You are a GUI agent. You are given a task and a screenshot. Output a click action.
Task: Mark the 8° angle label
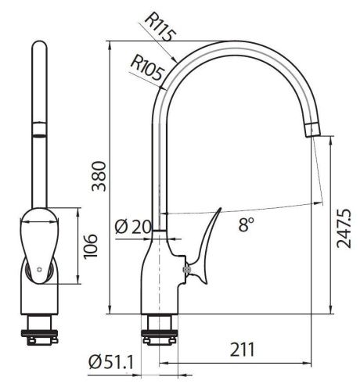pos(247,227)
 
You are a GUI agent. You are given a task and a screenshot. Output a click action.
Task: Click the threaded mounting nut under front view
pos(38,328)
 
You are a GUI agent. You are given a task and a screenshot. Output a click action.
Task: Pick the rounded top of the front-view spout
pos(38,50)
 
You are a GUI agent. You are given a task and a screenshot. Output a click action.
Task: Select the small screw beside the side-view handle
pos(186,270)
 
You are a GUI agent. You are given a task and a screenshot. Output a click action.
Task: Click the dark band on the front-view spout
pos(38,128)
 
